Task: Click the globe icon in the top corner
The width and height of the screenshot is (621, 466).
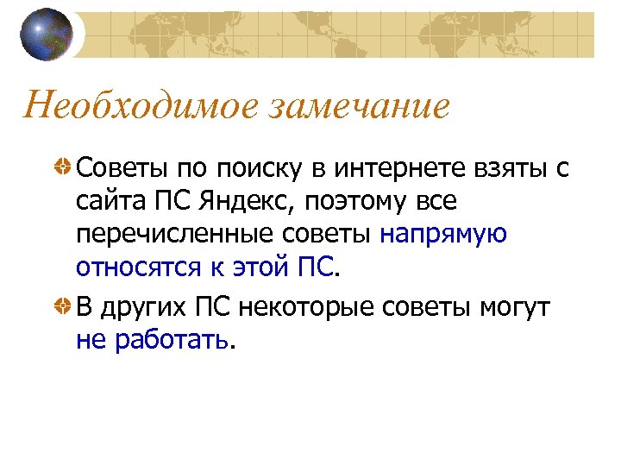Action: coord(48,34)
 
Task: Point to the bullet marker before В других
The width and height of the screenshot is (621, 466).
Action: coord(64,306)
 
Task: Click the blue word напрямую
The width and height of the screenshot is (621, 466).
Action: coord(443,236)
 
